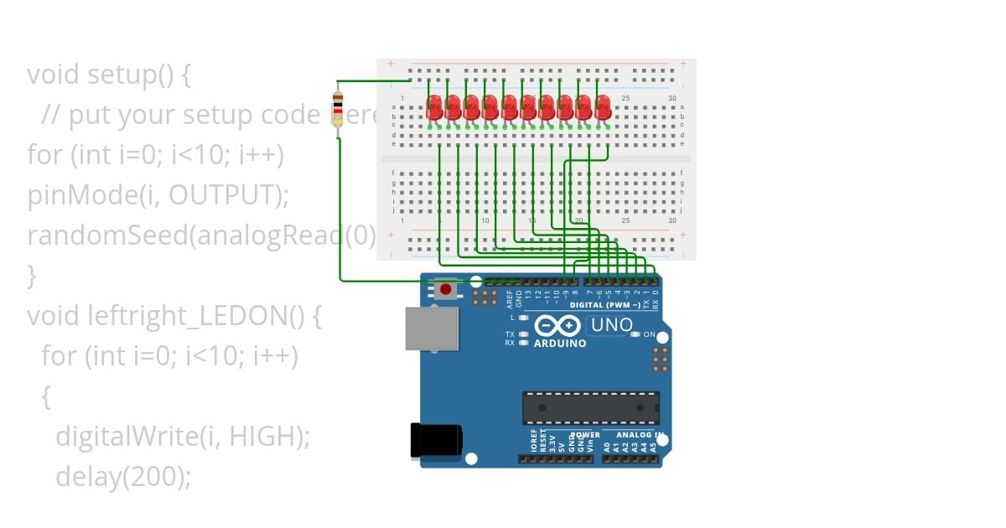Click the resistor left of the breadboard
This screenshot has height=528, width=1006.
point(338,107)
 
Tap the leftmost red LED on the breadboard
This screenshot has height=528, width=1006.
point(434,106)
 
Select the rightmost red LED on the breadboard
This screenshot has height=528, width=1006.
point(602,106)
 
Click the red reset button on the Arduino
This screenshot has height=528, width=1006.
point(445,290)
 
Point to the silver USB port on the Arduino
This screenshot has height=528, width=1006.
point(431,328)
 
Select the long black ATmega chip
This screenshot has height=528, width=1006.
point(590,407)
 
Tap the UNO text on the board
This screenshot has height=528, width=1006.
point(611,325)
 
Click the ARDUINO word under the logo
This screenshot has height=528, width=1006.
point(559,343)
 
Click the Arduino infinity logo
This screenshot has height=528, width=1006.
point(557,326)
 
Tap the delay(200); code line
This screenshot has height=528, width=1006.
point(123,476)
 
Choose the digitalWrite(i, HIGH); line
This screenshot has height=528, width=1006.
point(183,436)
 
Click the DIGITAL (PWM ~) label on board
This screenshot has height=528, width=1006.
point(604,305)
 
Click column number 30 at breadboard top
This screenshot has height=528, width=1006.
point(672,99)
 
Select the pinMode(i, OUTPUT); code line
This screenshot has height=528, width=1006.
point(158,195)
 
